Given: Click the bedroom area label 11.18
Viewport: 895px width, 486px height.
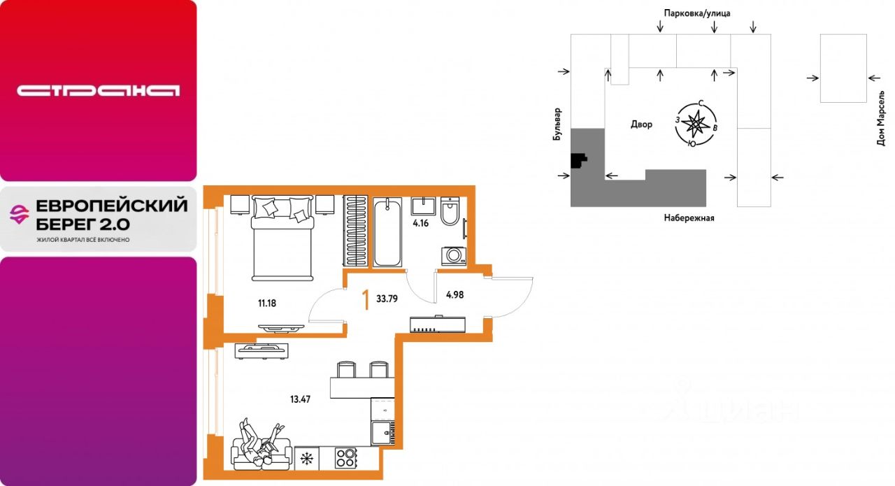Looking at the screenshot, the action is (x=267, y=303).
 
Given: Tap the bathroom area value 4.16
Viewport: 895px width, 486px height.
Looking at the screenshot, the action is (x=421, y=223).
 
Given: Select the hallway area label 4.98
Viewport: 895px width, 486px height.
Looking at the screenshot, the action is (x=454, y=295).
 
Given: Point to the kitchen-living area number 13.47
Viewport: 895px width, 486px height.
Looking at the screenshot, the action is (x=300, y=399).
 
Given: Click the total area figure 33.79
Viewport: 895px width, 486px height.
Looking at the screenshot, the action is (x=387, y=299).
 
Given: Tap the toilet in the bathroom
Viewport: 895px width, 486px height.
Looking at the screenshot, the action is (x=450, y=211).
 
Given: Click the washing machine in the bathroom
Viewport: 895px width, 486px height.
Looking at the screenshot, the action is (x=454, y=256).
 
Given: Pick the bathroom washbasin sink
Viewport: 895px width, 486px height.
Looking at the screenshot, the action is (x=424, y=206).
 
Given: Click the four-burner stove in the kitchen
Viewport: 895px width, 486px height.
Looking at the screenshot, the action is (x=345, y=459).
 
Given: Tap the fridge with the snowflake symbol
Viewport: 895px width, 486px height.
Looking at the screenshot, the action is (x=307, y=459).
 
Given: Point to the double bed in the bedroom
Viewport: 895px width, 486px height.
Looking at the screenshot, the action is (x=282, y=238).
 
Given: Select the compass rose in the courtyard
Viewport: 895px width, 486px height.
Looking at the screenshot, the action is (x=696, y=124).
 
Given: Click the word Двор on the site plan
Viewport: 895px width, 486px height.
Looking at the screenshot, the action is (x=642, y=124).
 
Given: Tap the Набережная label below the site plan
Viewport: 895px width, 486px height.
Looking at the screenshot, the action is (x=689, y=218).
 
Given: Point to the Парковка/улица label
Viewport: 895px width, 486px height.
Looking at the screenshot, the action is (x=697, y=13).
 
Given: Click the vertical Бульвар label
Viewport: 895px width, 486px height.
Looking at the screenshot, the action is (x=557, y=124).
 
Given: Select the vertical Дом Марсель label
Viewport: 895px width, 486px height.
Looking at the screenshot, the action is (x=882, y=119).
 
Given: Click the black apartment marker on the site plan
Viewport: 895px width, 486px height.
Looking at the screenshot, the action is (x=578, y=161).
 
